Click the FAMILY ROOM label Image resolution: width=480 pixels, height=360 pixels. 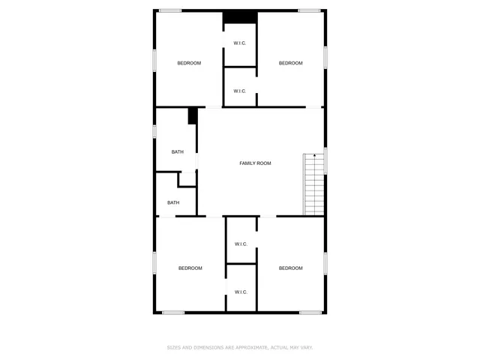(x=255, y=163)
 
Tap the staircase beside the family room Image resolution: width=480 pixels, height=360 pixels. (x=313, y=184)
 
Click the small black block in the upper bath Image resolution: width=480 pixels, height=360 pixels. (x=193, y=116)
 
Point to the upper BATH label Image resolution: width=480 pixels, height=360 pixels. (x=177, y=152)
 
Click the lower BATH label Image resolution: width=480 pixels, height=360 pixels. (x=173, y=202)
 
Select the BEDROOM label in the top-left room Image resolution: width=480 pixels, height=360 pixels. (x=189, y=63)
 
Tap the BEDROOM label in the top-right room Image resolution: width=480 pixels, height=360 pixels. (x=290, y=63)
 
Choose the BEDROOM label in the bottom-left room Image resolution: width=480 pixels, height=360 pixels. (x=190, y=268)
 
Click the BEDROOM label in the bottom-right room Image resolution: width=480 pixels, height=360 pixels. (x=290, y=268)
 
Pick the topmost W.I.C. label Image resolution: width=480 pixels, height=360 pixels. (x=240, y=43)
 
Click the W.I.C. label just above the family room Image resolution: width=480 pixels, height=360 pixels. (x=240, y=91)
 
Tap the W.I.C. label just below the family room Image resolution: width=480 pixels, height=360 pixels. (x=241, y=244)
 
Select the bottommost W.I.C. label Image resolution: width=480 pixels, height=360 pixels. (x=241, y=292)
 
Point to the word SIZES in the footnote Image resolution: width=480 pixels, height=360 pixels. (x=174, y=347)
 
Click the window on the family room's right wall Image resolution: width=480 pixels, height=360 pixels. (x=325, y=161)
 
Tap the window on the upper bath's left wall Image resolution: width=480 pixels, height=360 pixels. (x=154, y=131)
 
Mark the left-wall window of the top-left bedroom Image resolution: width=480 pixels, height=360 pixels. (x=154, y=60)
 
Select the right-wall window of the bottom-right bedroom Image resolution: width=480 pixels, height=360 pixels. (x=325, y=262)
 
